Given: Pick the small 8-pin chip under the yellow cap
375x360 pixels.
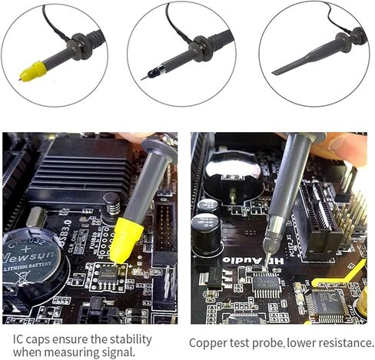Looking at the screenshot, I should [108, 273].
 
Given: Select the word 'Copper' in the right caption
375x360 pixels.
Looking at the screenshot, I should [208, 343].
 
